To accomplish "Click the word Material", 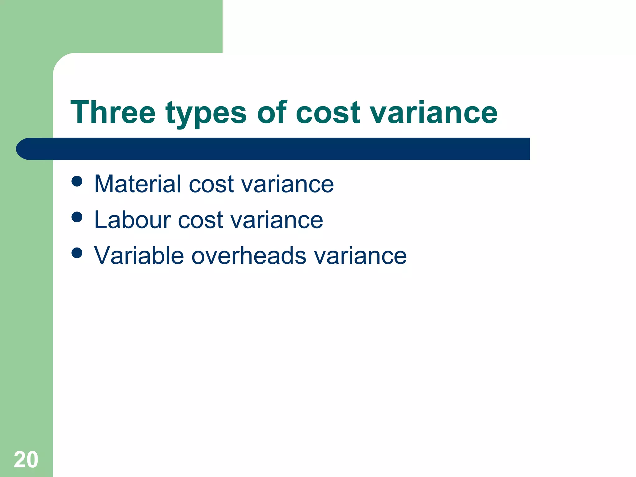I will point(138,184).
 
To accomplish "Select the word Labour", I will point(132,220).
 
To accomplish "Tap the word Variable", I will point(139,256).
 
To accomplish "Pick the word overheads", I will point(249,256).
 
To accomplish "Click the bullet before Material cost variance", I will point(77,181).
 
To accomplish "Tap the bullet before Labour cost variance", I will point(77,217).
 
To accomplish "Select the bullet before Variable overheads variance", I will point(77,253).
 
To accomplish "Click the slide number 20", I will point(26,460).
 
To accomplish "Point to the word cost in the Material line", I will point(211,184).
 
